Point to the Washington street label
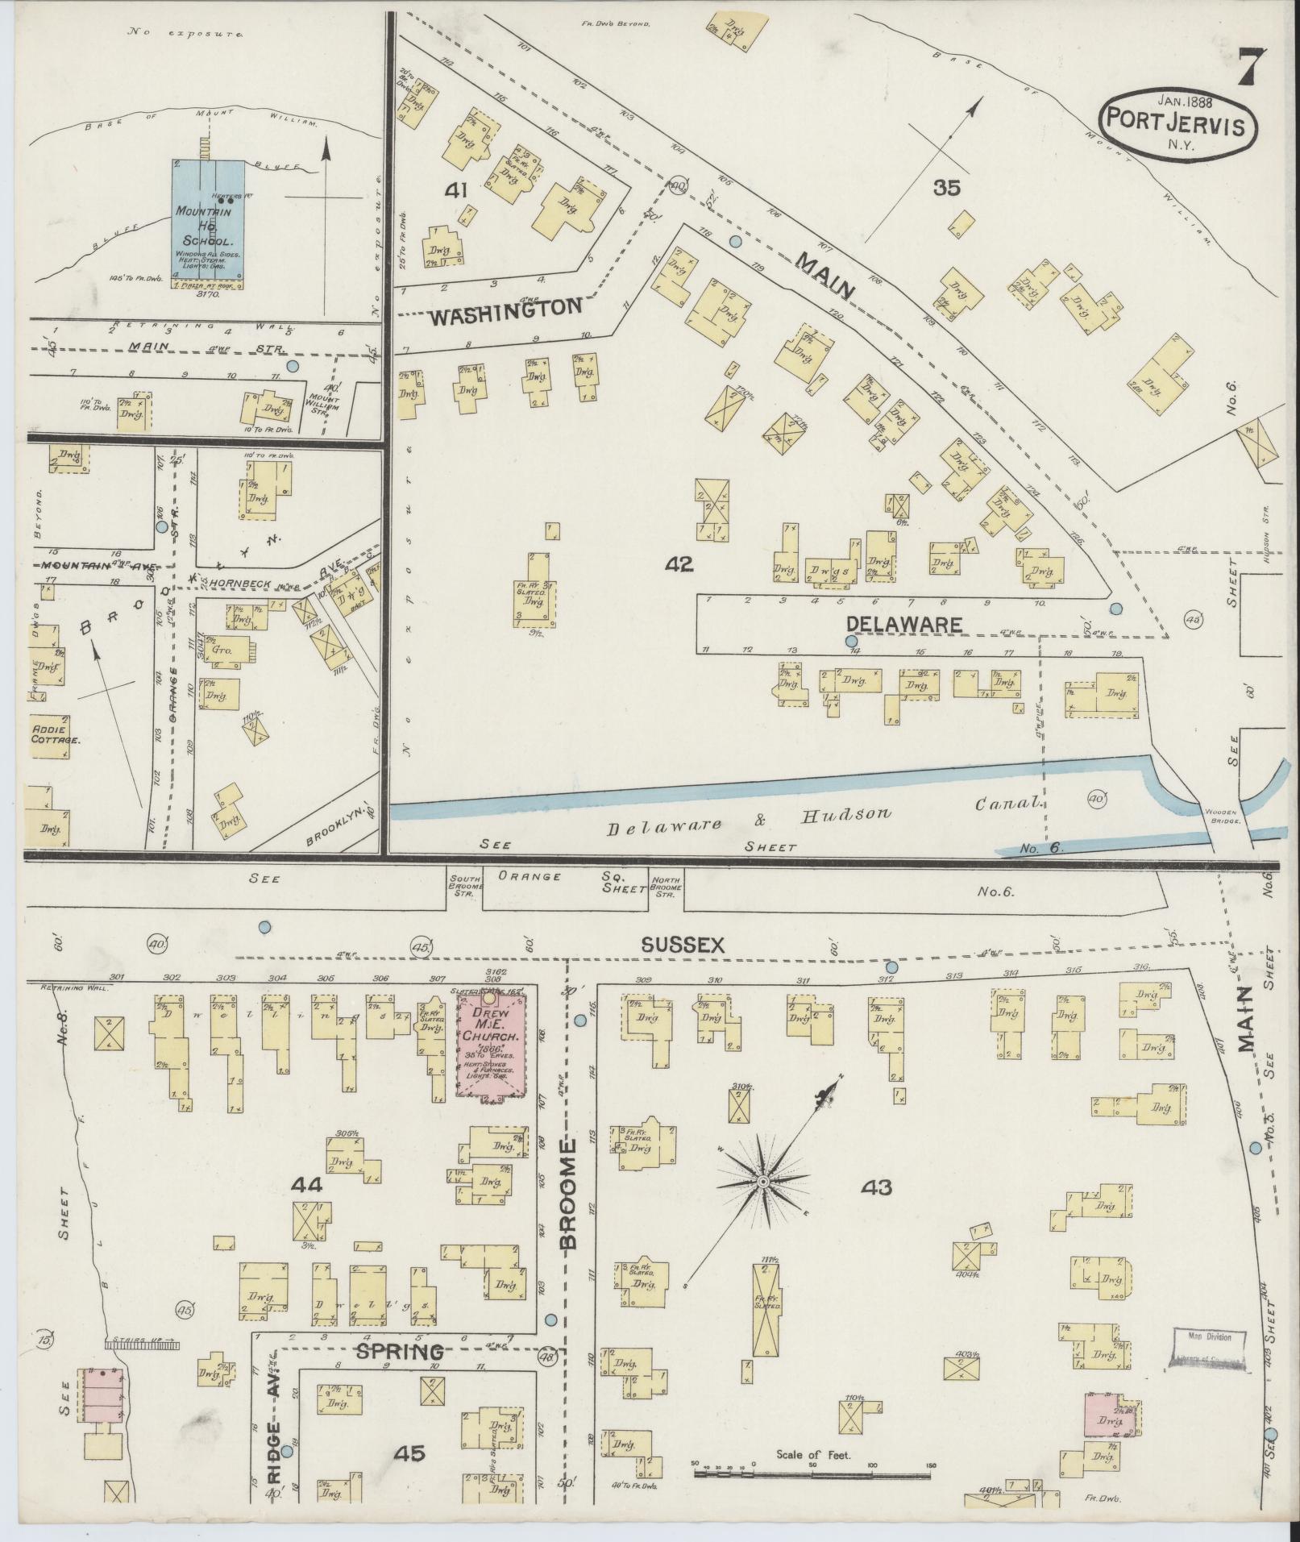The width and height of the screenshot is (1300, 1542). (505, 309)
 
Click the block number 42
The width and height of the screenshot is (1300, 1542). (679, 564)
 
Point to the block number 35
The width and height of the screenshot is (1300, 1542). (947, 189)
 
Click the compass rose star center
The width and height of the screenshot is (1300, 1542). (761, 1182)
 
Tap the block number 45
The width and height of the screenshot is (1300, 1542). (409, 1453)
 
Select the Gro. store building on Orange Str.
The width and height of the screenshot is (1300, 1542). (218, 650)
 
